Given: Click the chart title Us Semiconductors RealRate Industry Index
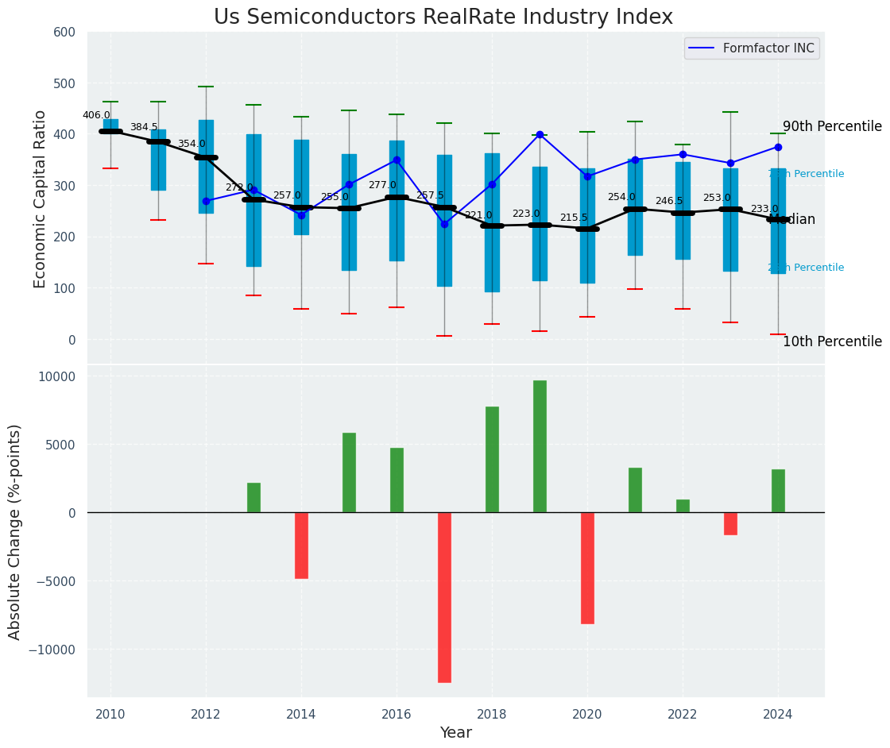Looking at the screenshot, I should click(443, 17).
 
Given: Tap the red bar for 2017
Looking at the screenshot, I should click(444, 597).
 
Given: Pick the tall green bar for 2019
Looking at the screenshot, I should click(540, 446).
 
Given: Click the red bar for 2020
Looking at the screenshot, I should click(587, 568).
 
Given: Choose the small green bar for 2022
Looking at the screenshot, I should click(683, 506).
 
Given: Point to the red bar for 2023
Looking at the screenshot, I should click(730, 523).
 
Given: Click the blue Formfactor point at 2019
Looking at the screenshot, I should click(540, 135).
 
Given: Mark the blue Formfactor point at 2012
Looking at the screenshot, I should click(206, 201).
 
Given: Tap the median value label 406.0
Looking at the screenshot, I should click(96, 115).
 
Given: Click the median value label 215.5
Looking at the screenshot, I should click(574, 218).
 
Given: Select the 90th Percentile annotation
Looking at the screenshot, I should click(832, 127).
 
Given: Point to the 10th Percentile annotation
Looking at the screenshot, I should click(832, 342).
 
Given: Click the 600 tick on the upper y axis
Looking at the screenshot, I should click(64, 33).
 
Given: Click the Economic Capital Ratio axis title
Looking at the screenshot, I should click(41, 199).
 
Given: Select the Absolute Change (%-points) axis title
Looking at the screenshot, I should click(15, 532).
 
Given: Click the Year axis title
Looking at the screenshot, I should click(456, 733).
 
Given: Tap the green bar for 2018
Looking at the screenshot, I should click(492, 459).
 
